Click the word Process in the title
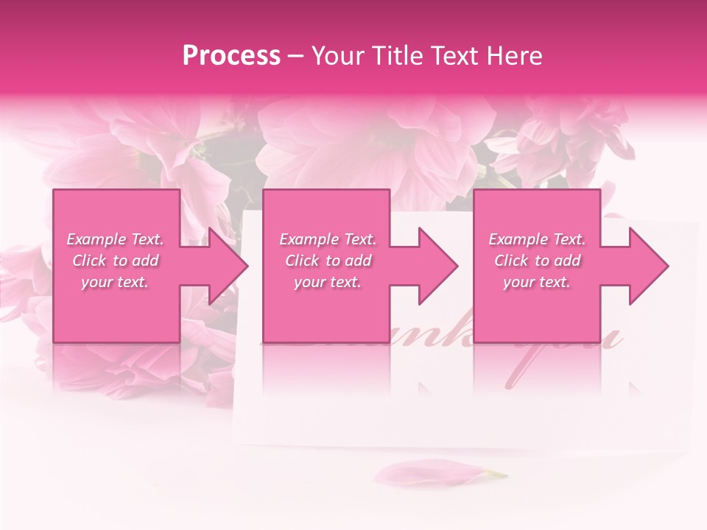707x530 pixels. tap(231, 56)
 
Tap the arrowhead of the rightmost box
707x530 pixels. tap(648, 266)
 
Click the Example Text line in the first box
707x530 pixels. tap(115, 239)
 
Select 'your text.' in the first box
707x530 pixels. tap(115, 282)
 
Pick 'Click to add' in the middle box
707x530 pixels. tap(328, 261)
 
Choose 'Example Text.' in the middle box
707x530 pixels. tap(328, 239)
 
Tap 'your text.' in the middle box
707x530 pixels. tap(328, 282)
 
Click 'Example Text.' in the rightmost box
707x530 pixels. tap(537, 239)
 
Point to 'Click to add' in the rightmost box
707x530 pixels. tap(537, 261)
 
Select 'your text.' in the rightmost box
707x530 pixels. tap(537, 282)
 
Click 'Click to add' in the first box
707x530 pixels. tap(115, 261)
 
